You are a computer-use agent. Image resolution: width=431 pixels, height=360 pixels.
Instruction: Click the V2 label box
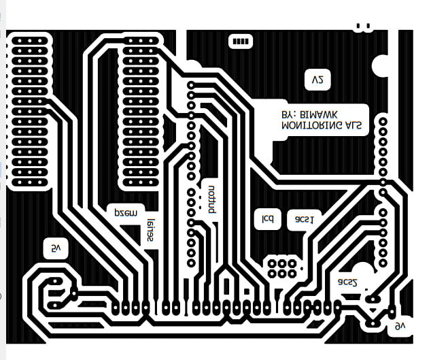click(x=317, y=80)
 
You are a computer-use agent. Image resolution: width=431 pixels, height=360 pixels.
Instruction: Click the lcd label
click(x=268, y=219)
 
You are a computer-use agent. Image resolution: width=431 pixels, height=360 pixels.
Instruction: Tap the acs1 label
click(x=304, y=219)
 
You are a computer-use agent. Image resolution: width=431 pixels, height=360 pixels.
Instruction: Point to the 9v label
click(x=400, y=327)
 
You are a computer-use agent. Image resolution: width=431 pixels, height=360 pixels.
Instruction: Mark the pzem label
click(x=125, y=212)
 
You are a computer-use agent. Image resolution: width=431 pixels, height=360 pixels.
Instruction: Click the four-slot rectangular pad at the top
click(x=241, y=42)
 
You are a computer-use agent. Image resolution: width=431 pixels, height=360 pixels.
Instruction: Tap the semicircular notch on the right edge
click(x=380, y=66)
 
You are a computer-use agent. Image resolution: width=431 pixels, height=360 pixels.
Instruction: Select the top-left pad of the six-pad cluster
click(x=271, y=263)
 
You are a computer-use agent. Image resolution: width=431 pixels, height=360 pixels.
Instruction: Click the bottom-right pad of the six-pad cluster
click(x=292, y=273)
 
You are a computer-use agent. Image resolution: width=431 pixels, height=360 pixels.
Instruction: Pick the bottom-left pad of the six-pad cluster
click(x=271, y=273)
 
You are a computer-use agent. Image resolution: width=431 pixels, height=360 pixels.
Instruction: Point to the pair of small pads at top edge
click(x=363, y=27)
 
